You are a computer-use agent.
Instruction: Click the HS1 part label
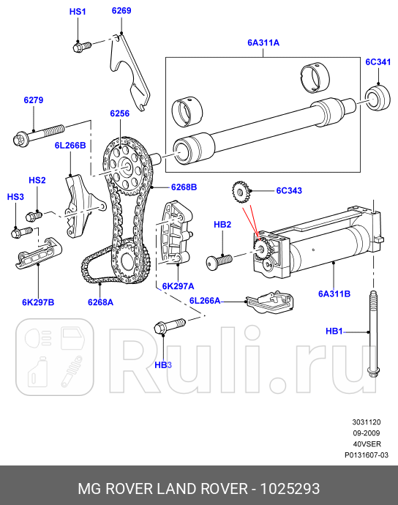point(78,12)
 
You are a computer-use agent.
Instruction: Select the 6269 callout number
point(121,11)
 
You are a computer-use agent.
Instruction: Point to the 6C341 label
point(378,63)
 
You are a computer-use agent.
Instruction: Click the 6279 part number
point(34,100)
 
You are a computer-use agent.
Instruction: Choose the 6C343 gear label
point(288,191)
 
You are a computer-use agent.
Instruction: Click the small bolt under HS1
point(81,46)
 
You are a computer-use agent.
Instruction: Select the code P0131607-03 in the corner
point(366,454)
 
